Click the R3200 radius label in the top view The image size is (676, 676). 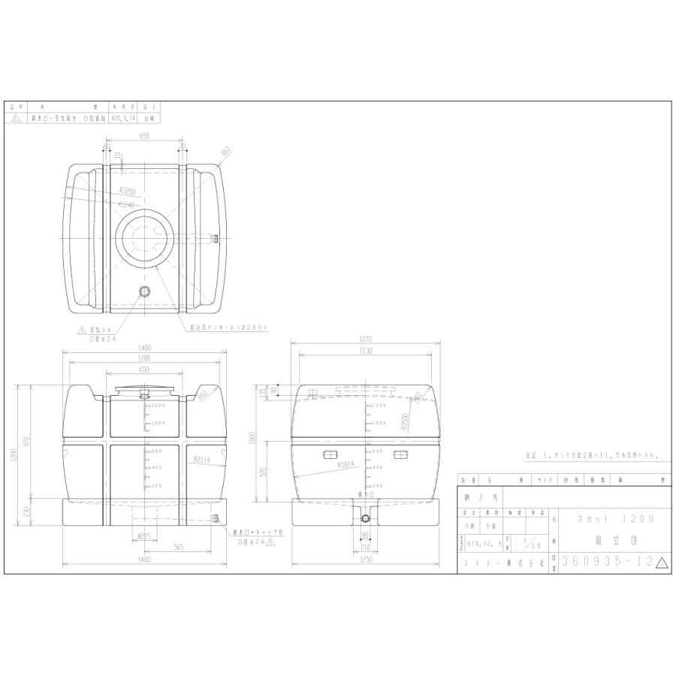click(127, 191)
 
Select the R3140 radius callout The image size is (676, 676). click(127, 204)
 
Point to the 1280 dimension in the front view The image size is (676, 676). click(144, 358)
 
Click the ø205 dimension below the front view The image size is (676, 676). click(144, 536)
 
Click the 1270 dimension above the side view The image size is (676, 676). click(366, 339)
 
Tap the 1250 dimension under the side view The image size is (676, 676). click(366, 560)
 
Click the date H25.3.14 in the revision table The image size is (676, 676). click(123, 119)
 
